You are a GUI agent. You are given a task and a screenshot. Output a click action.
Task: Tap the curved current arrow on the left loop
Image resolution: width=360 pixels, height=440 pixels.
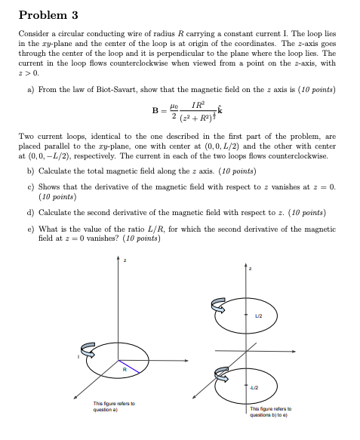[x=88, y=348]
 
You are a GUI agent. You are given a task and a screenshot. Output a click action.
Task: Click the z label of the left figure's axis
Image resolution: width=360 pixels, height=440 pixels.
[x=125, y=260]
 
